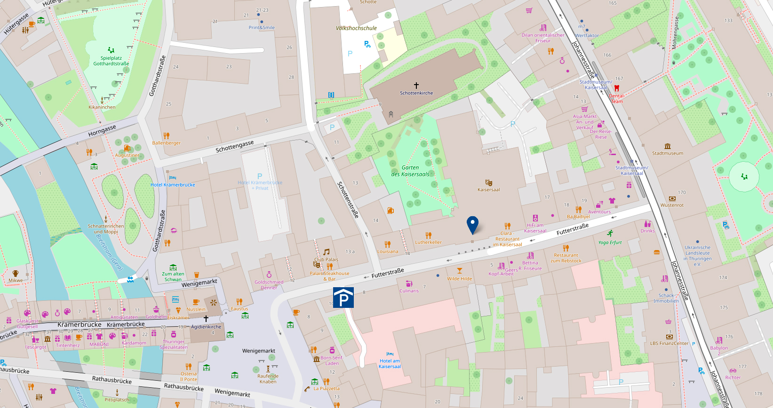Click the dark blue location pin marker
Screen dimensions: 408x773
(472, 224)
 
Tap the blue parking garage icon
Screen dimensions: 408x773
(343, 298)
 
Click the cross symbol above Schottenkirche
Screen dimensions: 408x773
(416, 85)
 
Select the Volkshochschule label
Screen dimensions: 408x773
(356, 28)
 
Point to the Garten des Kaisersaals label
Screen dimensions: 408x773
(410, 171)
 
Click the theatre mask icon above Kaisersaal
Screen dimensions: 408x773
(488, 182)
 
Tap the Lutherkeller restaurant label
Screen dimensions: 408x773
(428, 243)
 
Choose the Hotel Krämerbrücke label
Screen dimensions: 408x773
(173, 185)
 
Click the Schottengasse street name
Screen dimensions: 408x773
(234, 146)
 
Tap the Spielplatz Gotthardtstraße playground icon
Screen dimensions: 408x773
(111, 50)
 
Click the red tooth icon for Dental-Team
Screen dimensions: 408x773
(617, 88)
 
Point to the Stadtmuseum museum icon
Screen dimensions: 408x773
(667, 146)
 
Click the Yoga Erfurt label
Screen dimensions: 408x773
(610, 243)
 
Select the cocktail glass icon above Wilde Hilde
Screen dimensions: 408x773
(460, 271)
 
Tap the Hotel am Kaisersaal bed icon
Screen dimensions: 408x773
(390, 354)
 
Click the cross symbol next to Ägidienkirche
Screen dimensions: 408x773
(206, 319)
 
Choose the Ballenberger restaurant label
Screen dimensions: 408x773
(166, 143)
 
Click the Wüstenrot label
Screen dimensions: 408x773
(672, 205)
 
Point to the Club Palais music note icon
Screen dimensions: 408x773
(326, 252)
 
